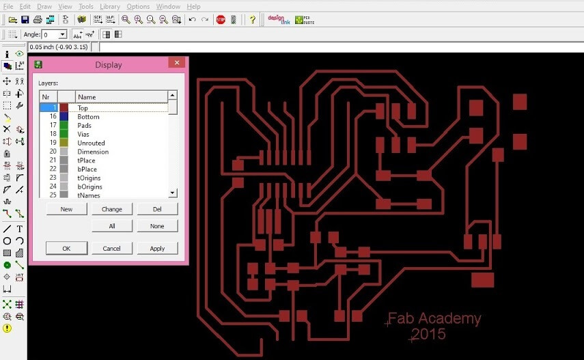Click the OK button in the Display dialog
67,248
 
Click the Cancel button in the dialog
111,248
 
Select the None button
157,226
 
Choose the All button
112,226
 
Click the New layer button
67,209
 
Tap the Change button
112,209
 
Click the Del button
157,209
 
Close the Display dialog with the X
177,63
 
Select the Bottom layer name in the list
88,117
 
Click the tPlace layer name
86,161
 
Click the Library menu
110,6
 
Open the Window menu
168,6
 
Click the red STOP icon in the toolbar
221,20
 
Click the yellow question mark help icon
253,20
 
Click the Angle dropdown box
55,35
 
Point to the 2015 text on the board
428,334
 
